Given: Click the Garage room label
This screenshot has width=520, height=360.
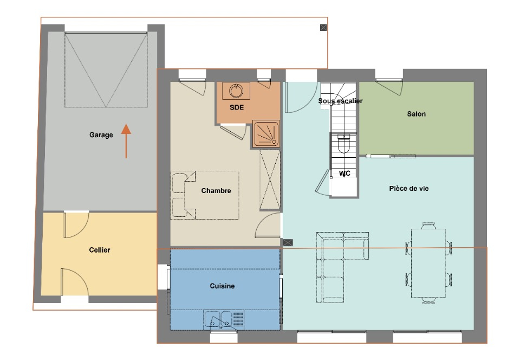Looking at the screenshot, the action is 101,134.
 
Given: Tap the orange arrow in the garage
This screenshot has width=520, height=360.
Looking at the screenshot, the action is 126,141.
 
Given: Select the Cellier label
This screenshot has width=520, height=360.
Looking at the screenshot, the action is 100,250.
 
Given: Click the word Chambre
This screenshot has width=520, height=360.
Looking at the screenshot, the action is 216,190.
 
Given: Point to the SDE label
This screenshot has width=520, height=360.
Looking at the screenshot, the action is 237,107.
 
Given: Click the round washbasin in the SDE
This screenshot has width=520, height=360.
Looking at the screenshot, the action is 236,91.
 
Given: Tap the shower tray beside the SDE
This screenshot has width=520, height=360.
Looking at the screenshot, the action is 266,134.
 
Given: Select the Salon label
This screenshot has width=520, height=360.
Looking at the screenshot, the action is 416,114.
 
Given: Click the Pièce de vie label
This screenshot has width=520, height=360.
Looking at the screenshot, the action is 408,189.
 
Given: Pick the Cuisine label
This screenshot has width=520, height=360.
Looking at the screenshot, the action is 222,286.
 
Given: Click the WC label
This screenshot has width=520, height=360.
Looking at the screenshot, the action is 344,173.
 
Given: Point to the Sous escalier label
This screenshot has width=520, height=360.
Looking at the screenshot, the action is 340,100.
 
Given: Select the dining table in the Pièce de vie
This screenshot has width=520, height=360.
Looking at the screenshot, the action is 428,263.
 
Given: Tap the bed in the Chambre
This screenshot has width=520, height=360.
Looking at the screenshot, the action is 205,195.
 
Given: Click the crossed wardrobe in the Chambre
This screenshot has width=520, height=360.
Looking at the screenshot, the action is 270,179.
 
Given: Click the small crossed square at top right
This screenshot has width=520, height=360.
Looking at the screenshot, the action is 323,28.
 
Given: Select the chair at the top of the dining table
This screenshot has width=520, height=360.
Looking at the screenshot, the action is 428,226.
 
